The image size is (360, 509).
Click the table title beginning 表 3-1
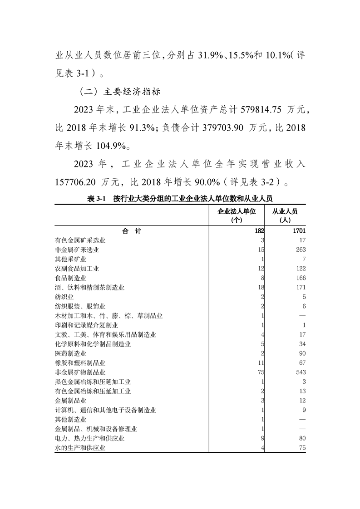click(179, 198)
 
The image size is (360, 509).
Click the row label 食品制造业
click(70, 278)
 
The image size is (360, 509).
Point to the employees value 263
click(300, 250)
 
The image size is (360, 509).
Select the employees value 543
click(300, 372)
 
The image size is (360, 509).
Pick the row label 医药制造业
click(70, 353)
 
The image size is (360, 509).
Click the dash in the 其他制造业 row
click(302, 419)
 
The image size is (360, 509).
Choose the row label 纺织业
click(64, 296)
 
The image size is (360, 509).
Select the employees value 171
click(300, 287)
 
